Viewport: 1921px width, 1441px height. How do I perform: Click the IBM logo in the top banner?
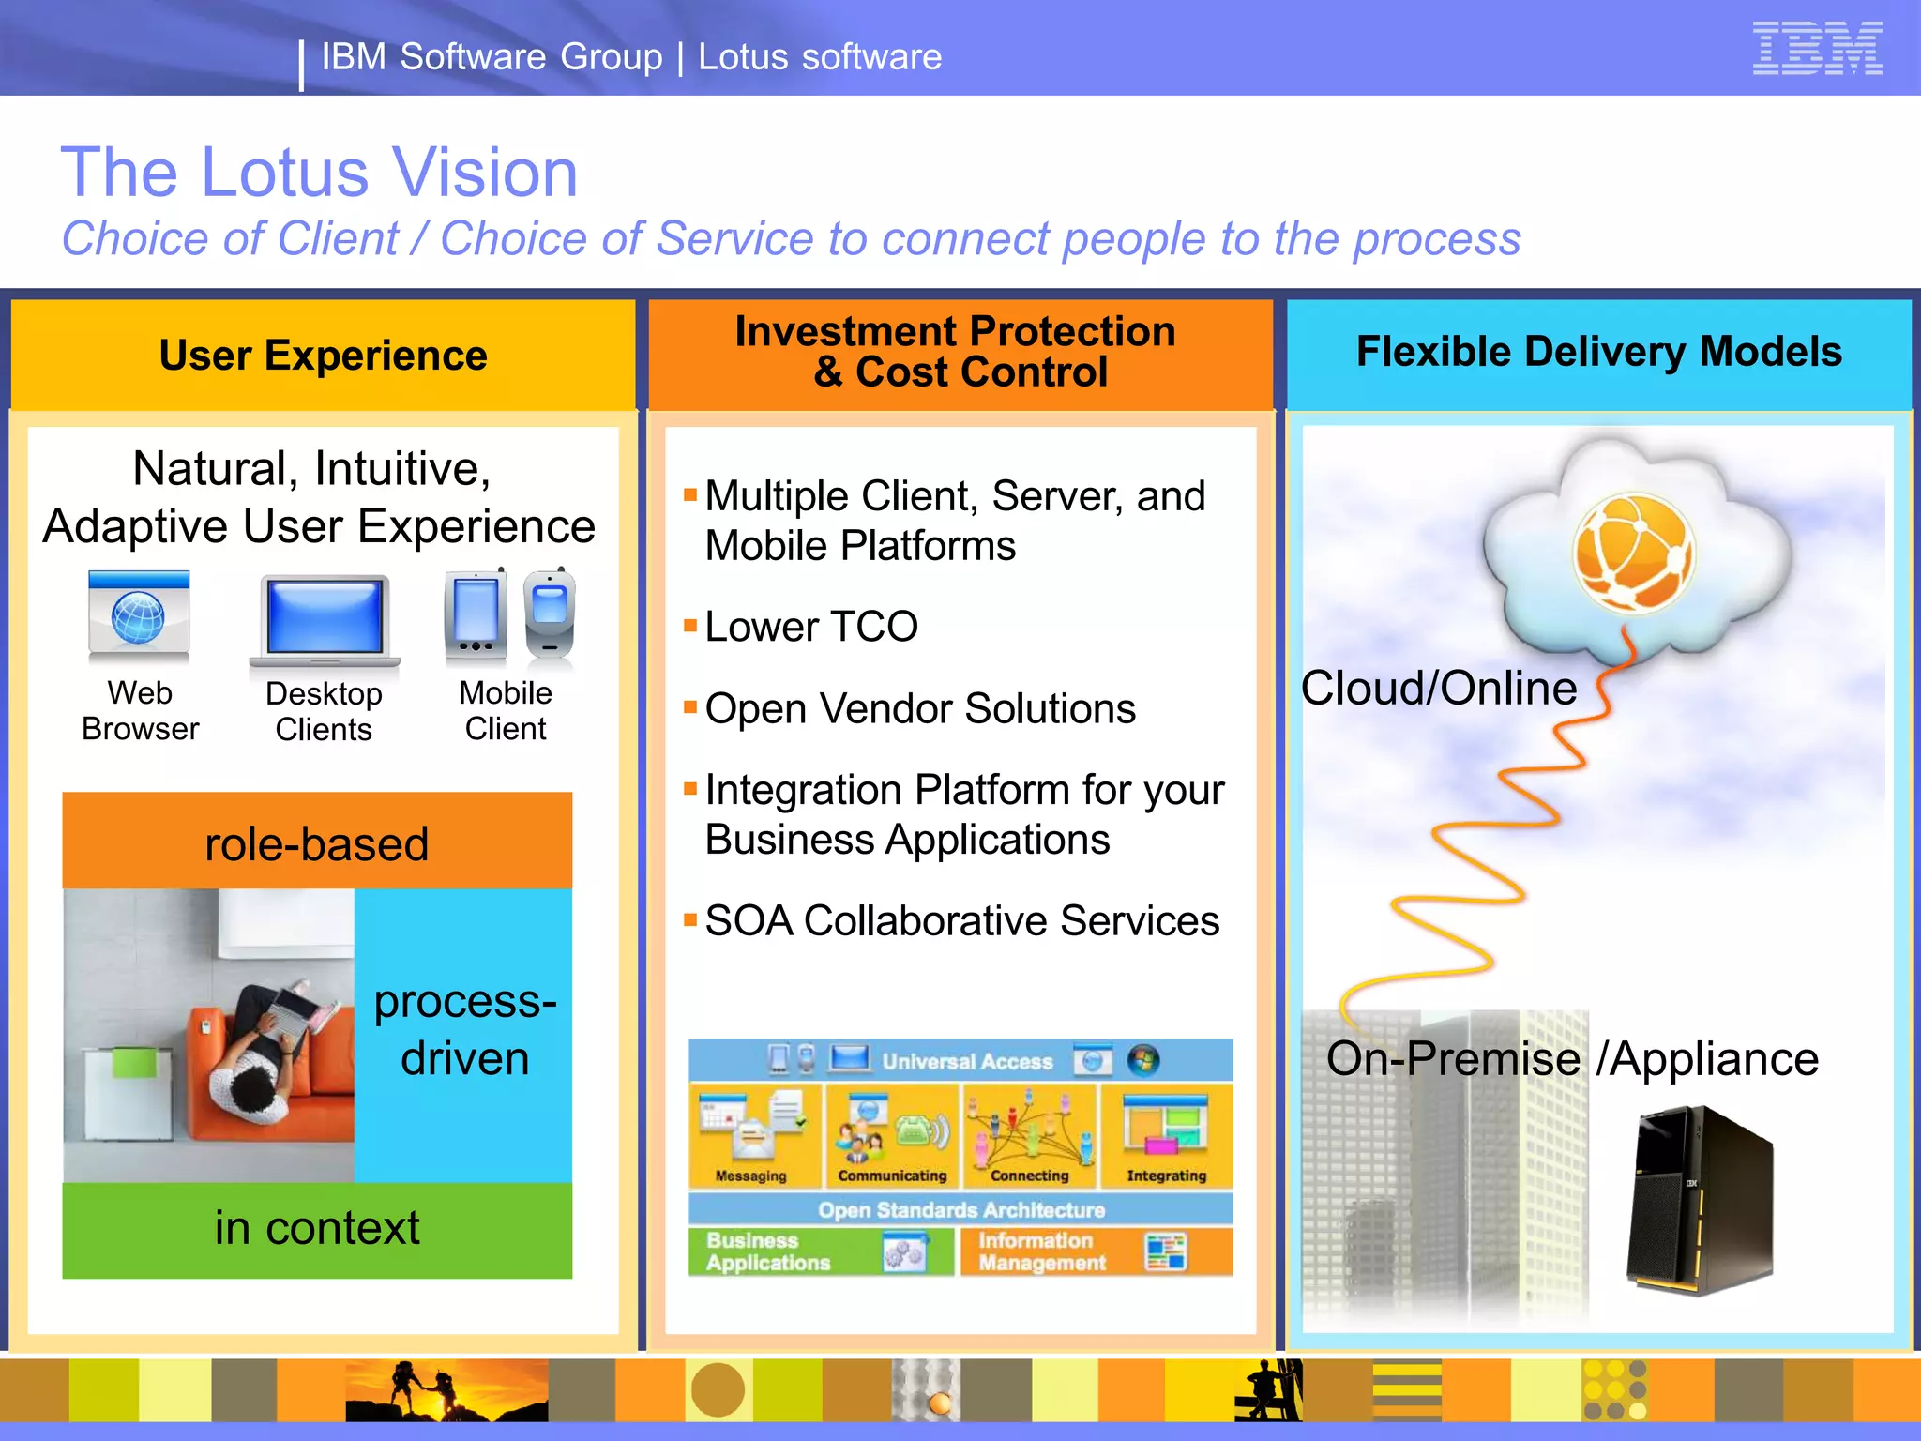click(x=1817, y=48)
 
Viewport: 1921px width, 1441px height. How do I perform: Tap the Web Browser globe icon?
click(x=139, y=617)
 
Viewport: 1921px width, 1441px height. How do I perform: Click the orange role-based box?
click(x=317, y=842)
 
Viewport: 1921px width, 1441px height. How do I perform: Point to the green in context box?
click(x=317, y=1229)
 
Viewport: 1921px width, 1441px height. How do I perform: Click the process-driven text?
click(x=464, y=1030)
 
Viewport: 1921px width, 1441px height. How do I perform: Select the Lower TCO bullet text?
click(x=811, y=627)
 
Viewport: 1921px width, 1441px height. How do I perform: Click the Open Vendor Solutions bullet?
click(x=920, y=708)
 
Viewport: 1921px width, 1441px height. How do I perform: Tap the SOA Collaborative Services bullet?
click(x=961, y=920)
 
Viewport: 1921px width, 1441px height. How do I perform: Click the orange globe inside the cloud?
click(x=1634, y=554)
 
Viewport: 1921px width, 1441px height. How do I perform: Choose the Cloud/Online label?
click(x=1439, y=689)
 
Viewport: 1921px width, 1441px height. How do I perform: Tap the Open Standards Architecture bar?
click(x=960, y=1209)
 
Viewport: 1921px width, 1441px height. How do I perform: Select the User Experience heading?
click(x=323, y=356)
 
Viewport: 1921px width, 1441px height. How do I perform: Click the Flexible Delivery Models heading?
click(x=1598, y=352)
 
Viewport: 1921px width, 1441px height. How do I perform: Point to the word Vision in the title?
click(x=484, y=173)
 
